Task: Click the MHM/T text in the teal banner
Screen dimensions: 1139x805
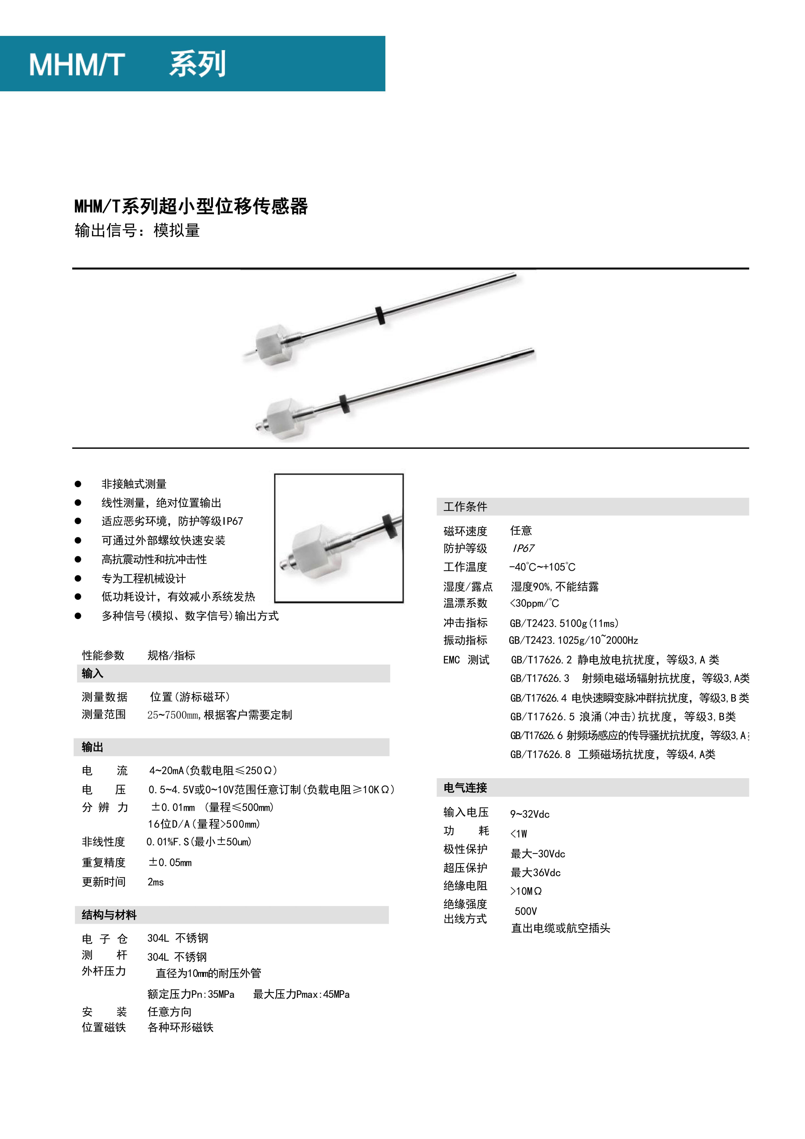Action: click(77, 65)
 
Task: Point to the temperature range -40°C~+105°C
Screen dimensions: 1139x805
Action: click(542, 567)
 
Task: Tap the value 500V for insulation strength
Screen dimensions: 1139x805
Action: click(526, 911)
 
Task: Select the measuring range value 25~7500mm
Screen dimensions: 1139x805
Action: click(219, 715)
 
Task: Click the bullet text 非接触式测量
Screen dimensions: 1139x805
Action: click(134, 484)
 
